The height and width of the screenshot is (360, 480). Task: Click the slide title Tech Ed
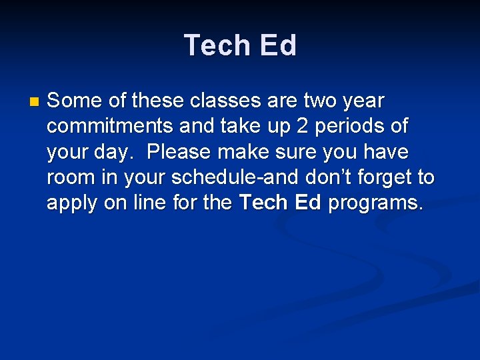point(240,45)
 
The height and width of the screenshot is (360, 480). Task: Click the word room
point(71,177)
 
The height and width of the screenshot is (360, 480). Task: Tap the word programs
point(375,203)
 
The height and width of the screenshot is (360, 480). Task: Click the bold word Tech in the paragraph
point(263,203)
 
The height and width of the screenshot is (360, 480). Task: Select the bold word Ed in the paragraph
point(307,203)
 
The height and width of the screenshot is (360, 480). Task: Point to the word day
point(108,153)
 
